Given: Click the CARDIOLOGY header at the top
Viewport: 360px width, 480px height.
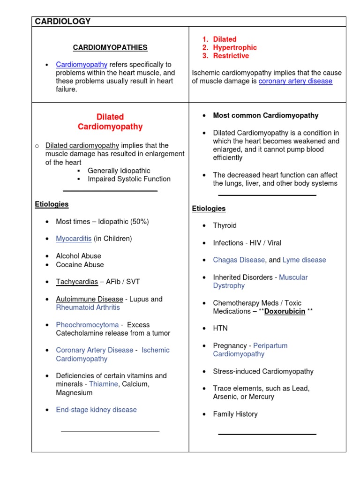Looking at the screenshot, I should [x=62, y=22].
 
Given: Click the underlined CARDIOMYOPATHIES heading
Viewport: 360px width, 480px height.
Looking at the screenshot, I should [x=110, y=47].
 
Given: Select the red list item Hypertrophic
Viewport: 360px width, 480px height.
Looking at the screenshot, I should [x=234, y=47].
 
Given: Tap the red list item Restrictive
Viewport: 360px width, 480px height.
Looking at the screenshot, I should [x=231, y=56].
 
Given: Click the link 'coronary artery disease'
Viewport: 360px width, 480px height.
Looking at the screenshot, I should [x=295, y=81].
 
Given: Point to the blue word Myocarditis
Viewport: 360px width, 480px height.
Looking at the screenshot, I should [x=74, y=239].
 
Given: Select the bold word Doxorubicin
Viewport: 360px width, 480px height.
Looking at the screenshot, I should [x=285, y=311].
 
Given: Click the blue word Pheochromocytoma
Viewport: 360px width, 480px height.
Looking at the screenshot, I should [x=87, y=324].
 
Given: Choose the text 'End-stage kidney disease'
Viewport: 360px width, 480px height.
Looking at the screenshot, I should [x=96, y=410].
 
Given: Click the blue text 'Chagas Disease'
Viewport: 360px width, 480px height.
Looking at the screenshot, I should [x=239, y=260].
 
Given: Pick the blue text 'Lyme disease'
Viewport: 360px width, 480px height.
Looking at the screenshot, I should [x=304, y=260].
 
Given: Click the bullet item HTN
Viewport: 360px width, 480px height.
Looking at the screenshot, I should [x=220, y=328].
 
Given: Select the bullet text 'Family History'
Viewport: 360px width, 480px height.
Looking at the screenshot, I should [x=235, y=414].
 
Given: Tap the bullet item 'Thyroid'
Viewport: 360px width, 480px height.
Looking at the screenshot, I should [x=225, y=225].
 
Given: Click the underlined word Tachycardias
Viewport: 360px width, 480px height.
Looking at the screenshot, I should [x=77, y=282].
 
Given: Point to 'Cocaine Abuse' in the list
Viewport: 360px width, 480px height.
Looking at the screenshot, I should [x=80, y=264].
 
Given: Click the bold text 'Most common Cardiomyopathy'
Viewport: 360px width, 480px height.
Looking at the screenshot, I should [x=265, y=115].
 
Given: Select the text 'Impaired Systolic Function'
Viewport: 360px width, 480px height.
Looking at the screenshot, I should [x=129, y=179].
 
